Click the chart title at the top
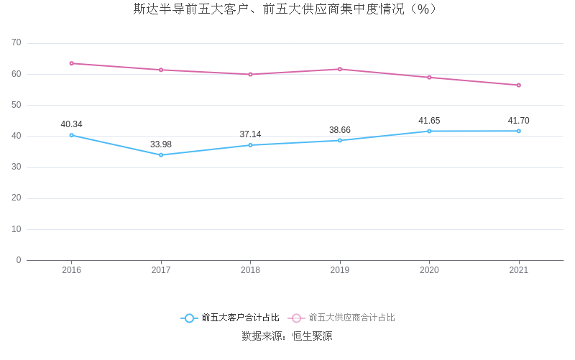(x=286, y=9)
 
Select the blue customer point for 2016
(x=72, y=135)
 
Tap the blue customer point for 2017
(x=161, y=154)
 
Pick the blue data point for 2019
(x=340, y=140)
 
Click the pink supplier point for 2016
(x=72, y=63)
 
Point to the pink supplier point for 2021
(x=518, y=85)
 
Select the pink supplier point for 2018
(x=250, y=74)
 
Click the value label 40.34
(x=72, y=124)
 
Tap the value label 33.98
(x=161, y=144)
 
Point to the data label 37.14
(x=250, y=134)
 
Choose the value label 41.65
(x=429, y=121)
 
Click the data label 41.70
(x=518, y=121)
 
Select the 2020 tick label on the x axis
(x=429, y=270)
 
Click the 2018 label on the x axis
(x=250, y=270)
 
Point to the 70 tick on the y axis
(x=17, y=43)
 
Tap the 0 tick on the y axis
(x=19, y=260)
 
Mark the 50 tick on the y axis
(x=17, y=105)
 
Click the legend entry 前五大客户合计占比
(x=230, y=318)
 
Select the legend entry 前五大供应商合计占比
(x=342, y=318)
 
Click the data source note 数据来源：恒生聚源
(x=287, y=336)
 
